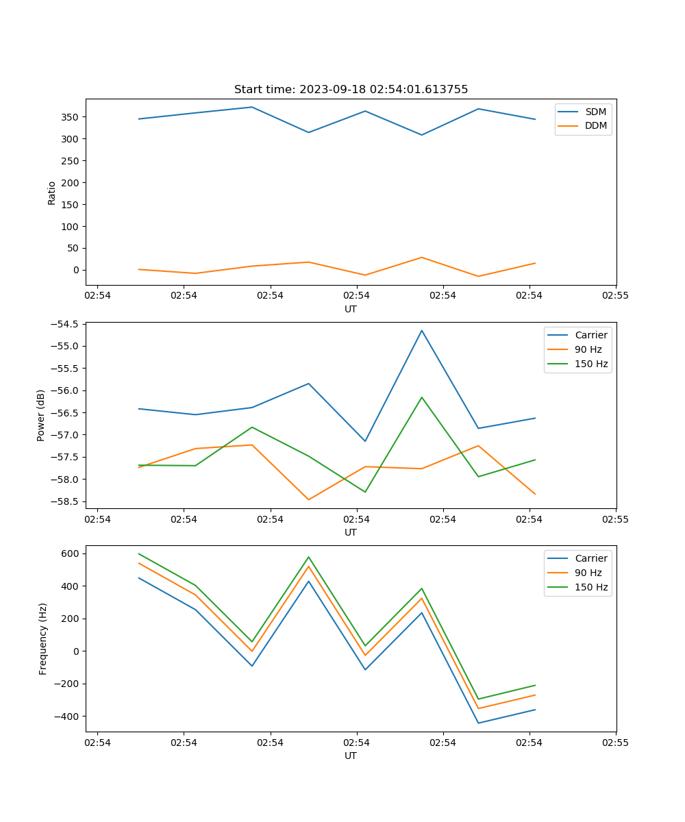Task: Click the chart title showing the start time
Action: pyautogui.click(x=351, y=90)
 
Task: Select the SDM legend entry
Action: pyautogui.click(x=595, y=112)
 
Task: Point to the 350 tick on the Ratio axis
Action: pyautogui.click(x=71, y=117)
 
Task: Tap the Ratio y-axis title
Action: pyautogui.click(x=52, y=192)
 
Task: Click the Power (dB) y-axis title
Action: pyautogui.click(x=41, y=415)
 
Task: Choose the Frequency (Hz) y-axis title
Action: pyautogui.click(x=43, y=638)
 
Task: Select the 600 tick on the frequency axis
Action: pyautogui.click(x=71, y=553)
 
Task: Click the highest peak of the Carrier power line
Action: pyautogui.click(x=422, y=330)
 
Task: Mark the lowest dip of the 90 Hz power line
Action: pyautogui.click(x=308, y=499)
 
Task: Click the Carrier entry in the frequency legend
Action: pyautogui.click(x=591, y=558)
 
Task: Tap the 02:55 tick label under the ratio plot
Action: pyautogui.click(x=615, y=296)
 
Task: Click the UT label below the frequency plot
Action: pyautogui.click(x=351, y=756)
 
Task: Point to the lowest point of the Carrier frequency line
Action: pyautogui.click(x=478, y=723)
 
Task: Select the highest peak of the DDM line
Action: pyautogui.click(x=422, y=258)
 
